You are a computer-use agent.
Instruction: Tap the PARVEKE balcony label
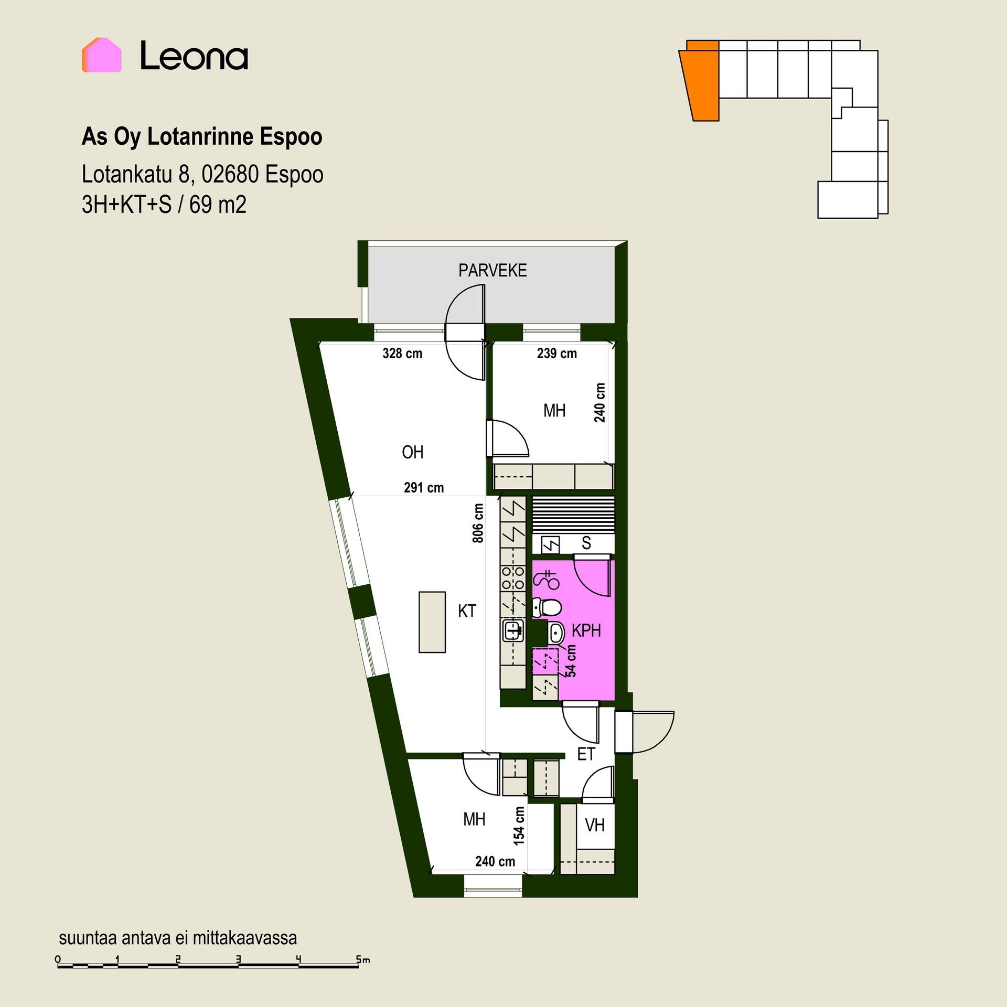(492, 271)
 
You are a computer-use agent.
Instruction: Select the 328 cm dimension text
(402, 353)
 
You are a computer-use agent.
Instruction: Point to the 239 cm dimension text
(556, 353)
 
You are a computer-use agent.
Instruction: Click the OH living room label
(412, 452)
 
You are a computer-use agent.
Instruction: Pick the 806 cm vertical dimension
(478, 523)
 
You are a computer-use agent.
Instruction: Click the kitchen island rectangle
(432, 622)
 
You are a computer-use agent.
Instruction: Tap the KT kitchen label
(467, 611)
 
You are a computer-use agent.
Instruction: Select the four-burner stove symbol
(513, 577)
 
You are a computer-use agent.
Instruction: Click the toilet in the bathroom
(547, 607)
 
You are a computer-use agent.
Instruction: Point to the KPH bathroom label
(586, 630)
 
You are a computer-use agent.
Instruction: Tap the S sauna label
(586, 543)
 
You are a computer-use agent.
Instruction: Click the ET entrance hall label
(586, 754)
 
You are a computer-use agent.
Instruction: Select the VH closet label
(595, 825)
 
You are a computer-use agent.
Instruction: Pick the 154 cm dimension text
(519, 826)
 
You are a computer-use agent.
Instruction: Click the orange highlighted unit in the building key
(700, 81)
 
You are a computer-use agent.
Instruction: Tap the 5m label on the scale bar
(363, 959)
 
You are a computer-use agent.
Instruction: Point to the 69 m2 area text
(218, 205)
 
